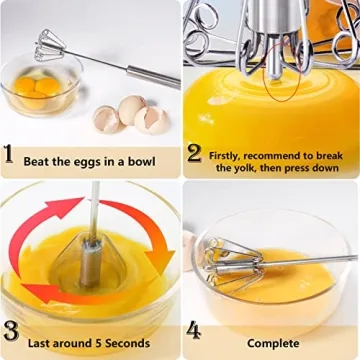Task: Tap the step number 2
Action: click(194, 155)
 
